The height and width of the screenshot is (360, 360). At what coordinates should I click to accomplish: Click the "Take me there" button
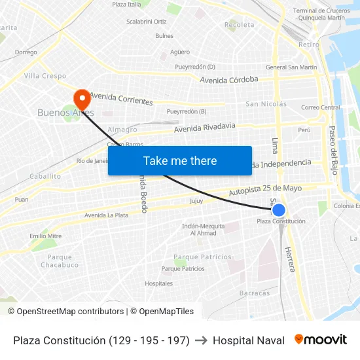(x=180, y=160)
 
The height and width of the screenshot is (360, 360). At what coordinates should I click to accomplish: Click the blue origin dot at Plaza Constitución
(x=279, y=210)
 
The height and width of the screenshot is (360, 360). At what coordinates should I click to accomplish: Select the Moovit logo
(x=320, y=340)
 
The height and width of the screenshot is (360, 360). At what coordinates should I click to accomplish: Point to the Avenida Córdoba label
(x=229, y=80)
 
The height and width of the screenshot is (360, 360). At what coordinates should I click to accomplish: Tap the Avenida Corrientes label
(x=121, y=99)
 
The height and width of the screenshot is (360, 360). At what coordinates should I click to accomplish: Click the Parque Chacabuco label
(x=60, y=261)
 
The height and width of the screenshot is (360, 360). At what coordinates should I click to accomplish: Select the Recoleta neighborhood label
(x=240, y=25)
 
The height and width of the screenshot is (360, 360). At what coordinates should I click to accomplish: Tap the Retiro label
(x=309, y=45)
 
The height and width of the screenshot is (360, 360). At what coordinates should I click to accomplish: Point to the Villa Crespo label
(x=45, y=76)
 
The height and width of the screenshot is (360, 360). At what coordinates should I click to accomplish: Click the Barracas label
(x=255, y=293)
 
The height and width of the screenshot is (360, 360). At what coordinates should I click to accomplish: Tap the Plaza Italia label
(x=126, y=5)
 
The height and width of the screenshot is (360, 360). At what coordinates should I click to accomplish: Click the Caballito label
(x=45, y=176)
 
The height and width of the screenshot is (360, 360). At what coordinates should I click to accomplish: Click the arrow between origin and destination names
(x=201, y=340)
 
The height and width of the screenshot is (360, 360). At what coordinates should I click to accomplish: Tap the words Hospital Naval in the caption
(x=249, y=340)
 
